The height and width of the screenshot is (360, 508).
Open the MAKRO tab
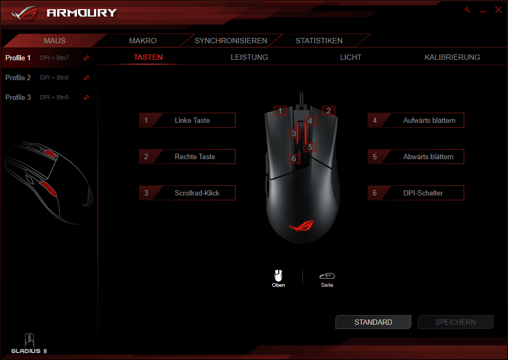[143, 41]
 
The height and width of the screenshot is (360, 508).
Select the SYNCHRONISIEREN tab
[231, 41]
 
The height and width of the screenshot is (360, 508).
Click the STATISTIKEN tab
[319, 41]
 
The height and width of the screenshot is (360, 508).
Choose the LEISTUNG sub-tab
[249, 57]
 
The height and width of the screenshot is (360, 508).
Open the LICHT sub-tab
[350, 57]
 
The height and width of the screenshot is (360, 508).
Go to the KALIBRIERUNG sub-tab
[452, 57]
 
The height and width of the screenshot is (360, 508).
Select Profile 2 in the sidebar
[18, 78]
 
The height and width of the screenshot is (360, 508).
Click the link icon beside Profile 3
[86, 98]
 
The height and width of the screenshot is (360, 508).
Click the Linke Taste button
[187, 120]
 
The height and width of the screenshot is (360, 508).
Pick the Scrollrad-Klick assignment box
[187, 193]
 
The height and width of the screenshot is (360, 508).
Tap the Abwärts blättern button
[416, 156]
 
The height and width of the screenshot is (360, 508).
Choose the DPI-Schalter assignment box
[416, 193]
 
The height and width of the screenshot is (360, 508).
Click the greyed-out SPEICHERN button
[456, 322]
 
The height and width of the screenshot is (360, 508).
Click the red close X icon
[498, 10]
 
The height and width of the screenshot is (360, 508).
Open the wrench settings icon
[467, 10]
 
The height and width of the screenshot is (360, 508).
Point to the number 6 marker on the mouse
[294, 159]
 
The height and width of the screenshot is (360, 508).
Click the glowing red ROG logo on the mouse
[302, 225]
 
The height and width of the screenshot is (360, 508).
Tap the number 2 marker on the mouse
[329, 111]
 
